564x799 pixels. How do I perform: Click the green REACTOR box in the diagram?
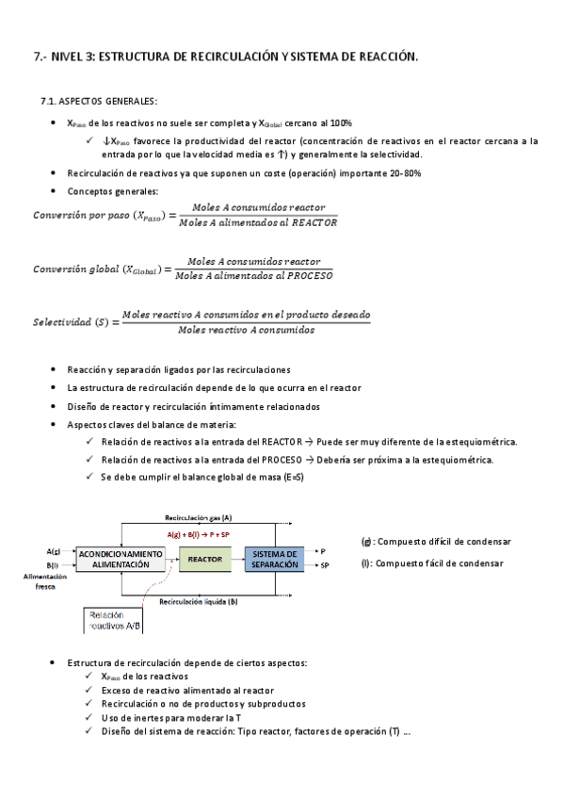coord(204,559)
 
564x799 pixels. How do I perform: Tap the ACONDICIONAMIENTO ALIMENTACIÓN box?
coord(113,559)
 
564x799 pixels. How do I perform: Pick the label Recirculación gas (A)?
coord(198,517)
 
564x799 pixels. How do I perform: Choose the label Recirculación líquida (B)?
coord(198,600)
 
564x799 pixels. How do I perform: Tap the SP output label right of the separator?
coord(325,565)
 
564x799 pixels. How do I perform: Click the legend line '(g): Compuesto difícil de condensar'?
coord(436,542)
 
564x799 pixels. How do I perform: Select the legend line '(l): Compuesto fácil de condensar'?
coord(431,563)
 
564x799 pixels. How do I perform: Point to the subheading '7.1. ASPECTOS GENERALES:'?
coord(99,101)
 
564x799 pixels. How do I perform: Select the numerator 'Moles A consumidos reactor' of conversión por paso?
coord(258,207)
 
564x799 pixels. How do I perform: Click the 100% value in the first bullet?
coord(341,122)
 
